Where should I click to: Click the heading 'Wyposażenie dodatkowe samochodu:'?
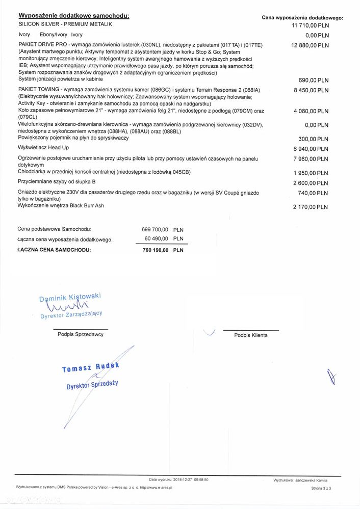(x=74, y=16)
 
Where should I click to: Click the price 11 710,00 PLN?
(x=310, y=25)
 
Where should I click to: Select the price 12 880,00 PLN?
(x=310, y=45)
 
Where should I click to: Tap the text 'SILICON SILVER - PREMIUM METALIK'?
(x=65, y=24)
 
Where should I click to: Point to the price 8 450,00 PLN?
(x=311, y=90)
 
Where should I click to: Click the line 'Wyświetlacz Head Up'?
(x=44, y=147)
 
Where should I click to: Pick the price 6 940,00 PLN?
(x=311, y=149)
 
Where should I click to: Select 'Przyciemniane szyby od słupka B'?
(x=57, y=181)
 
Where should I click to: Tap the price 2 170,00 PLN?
(x=311, y=207)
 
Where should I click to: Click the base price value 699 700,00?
(x=155, y=230)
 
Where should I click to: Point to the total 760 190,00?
(x=156, y=250)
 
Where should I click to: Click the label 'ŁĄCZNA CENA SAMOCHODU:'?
(x=54, y=250)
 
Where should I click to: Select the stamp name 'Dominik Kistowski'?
(x=70, y=298)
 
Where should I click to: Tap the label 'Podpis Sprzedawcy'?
(x=80, y=334)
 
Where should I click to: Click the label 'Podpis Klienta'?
(x=250, y=335)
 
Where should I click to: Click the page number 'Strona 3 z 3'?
(x=321, y=488)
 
